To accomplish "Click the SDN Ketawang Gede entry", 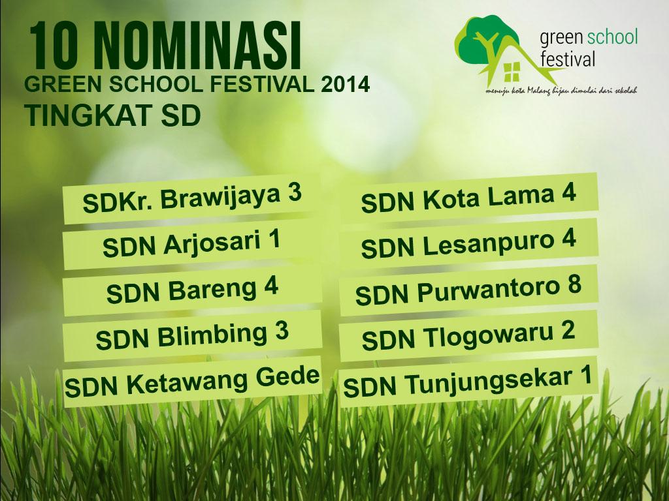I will [192, 381].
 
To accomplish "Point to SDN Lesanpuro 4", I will [468, 244].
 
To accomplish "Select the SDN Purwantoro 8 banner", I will [468, 290].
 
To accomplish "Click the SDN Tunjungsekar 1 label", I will [468, 381].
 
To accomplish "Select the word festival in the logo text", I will [568, 60].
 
